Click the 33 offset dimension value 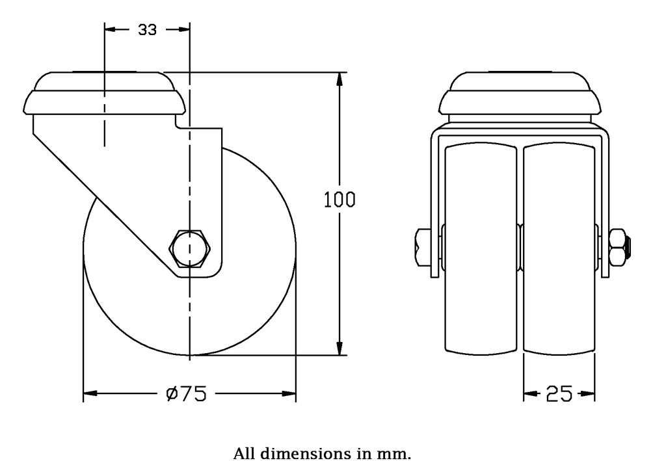point(148,30)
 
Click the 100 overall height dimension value point(340,200)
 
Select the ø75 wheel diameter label point(187,394)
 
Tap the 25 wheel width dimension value point(559,394)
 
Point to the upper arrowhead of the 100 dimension point(339,80)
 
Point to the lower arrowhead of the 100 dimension point(339,349)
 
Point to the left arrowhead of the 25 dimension point(530,394)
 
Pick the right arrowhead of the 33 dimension point(183,30)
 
